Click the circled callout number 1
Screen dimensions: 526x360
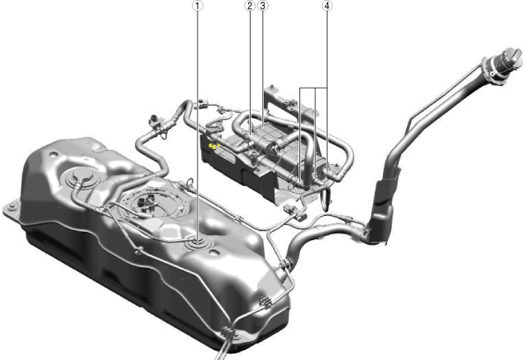coord(198,5)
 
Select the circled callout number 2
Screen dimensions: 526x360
coord(250,5)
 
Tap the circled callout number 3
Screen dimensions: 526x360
coord(263,5)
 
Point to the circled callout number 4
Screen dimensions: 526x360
coord(327,5)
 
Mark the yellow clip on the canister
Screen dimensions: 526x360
coord(213,146)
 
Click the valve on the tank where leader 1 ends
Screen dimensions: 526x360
coord(198,242)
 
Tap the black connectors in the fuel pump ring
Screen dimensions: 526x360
coord(145,204)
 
